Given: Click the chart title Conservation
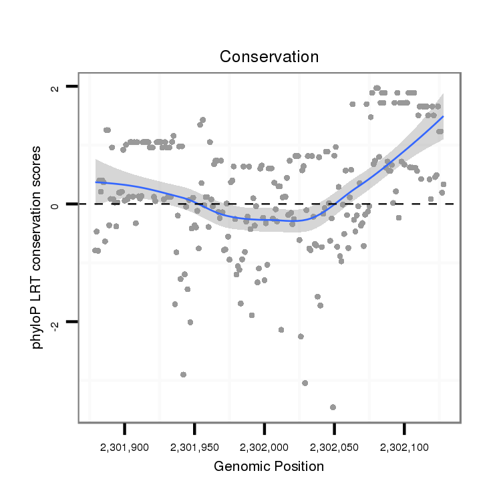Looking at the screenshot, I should click(269, 57).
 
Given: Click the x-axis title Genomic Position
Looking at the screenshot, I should click(269, 466).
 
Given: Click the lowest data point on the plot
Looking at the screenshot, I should click(333, 407).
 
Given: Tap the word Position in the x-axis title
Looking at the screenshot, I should click(299, 466).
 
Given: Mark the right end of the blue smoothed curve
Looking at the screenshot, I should click(443, 116).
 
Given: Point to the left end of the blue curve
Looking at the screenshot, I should click(96, 182).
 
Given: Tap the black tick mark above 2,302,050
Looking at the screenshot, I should click(335, 428).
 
